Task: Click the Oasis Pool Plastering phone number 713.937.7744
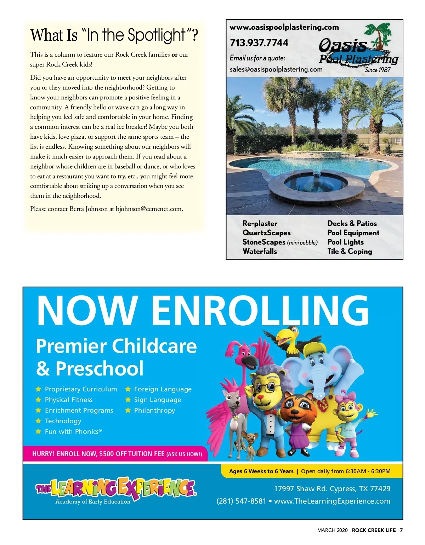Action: (259, 43)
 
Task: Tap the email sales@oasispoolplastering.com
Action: (276, 69)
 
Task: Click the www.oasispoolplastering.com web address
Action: (284, 27)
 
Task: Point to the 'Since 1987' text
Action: (378, 70)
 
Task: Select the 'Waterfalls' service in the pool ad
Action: (260, 251)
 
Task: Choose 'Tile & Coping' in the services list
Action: (350, 251)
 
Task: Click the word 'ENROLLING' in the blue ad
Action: (260, 310)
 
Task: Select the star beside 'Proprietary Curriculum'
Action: (38, 389)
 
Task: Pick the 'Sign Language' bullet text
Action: (157, 400)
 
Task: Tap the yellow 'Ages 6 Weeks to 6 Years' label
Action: (261, 471)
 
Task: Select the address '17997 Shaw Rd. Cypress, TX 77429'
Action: (332, 489)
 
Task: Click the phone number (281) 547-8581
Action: (241, 501)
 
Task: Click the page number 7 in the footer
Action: (401, 530)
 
